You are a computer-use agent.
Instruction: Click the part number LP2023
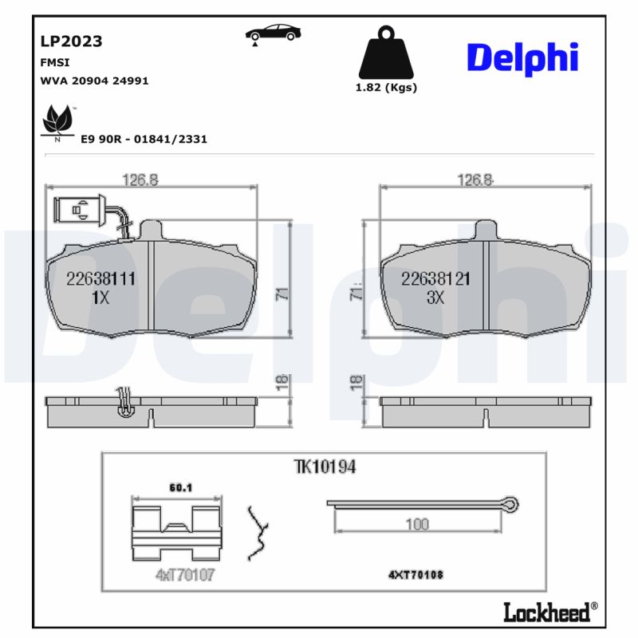tap(71, 41)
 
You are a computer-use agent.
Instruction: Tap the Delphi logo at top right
tap(522, 57)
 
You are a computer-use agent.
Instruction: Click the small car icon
tap(274, 33)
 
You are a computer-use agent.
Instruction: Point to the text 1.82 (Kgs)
tap(386, 88)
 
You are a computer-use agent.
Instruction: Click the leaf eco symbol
tap(57, 121)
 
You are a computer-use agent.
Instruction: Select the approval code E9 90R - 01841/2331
tap(144, 139)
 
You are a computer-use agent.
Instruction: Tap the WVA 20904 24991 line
tap(94, 81)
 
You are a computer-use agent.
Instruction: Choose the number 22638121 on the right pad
tap(435, 279)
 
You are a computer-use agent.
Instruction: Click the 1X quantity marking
tap(100, 298)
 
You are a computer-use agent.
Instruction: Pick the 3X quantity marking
tap(435, 298)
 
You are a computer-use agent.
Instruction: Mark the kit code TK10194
tap(324, 467)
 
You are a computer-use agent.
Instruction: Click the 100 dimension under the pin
tap(417, 524)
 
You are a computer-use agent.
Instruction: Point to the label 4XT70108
tap(415, 574)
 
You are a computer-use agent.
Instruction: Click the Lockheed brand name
tap(548, 612)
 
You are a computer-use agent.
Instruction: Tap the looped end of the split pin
tap(510, 503)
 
